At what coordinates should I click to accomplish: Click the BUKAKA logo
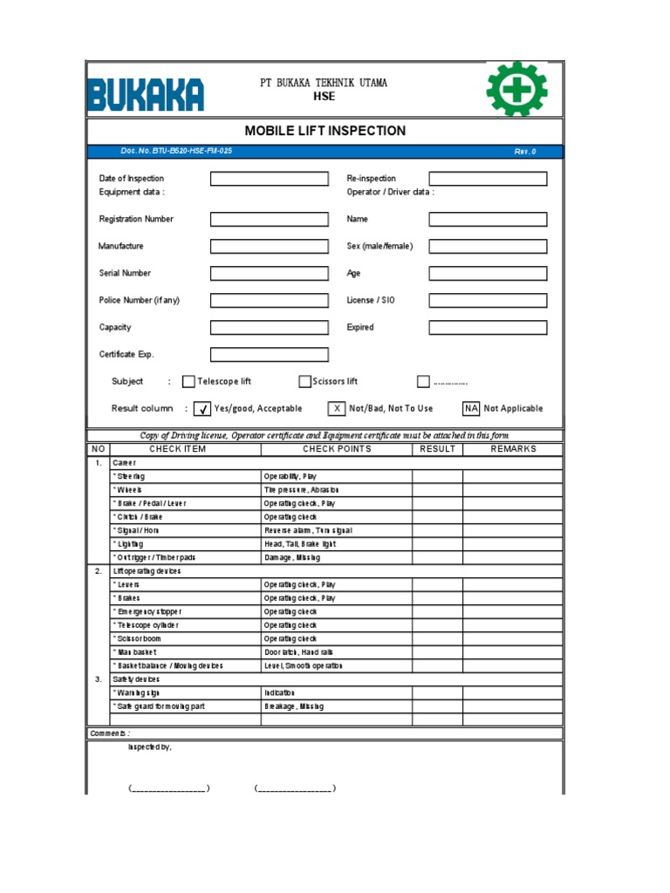[x=146, y=94]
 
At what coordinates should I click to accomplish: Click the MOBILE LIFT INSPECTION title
[x=325, y=131]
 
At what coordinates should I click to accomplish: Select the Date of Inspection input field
[x=269, y=179]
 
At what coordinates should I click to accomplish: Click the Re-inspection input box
[x=488, y=179]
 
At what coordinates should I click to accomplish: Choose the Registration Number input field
[x=269, y=220]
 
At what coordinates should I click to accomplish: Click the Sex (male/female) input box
[x=488, y=246]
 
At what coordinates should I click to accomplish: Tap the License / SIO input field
[x=488, y=300]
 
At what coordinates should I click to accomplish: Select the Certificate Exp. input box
[x=269, y=355]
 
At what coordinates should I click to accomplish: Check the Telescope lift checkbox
[x=188, y=381]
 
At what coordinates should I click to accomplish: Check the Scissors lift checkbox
[x=304, y=381]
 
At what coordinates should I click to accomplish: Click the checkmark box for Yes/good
[x=202, y=409]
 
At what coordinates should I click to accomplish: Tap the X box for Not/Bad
[x=337, y=408]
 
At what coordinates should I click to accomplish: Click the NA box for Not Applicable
[x=471, y=408]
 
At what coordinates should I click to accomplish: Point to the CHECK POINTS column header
[x=337, y=449]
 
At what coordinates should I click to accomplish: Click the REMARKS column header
[x=513, y=449]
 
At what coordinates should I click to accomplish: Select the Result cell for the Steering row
[x=437, y=477]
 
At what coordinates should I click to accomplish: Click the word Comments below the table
[x=110, y=733]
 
